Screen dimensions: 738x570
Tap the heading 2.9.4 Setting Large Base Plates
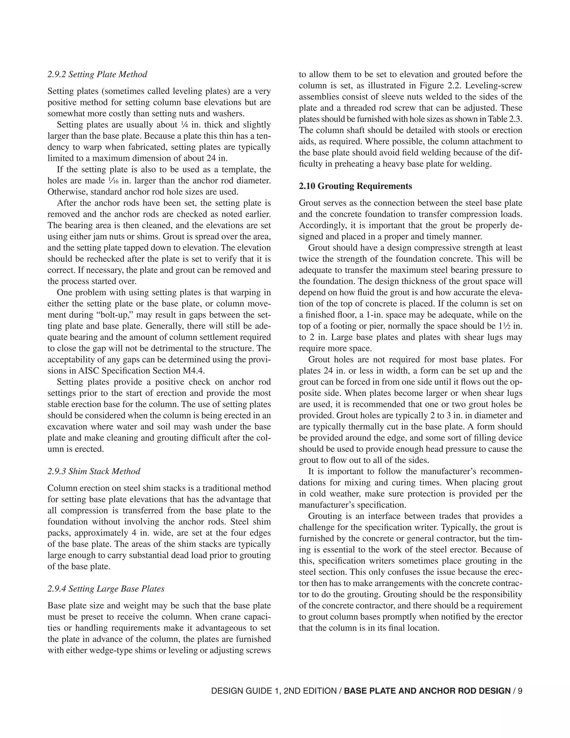(106, 589)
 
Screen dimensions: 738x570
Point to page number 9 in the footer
(520, 691)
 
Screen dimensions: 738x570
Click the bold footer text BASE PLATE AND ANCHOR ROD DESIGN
(427, 691)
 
